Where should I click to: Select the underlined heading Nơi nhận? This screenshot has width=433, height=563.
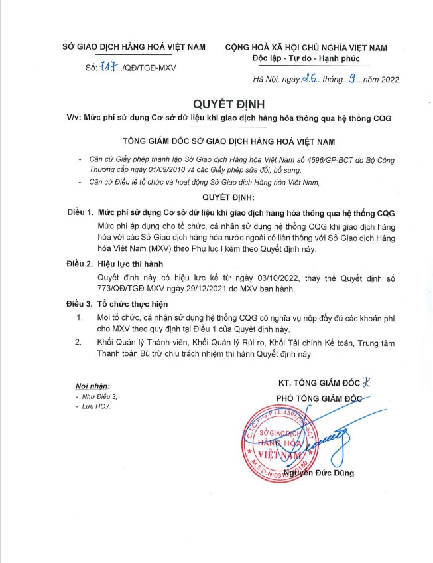coord(92,386)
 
